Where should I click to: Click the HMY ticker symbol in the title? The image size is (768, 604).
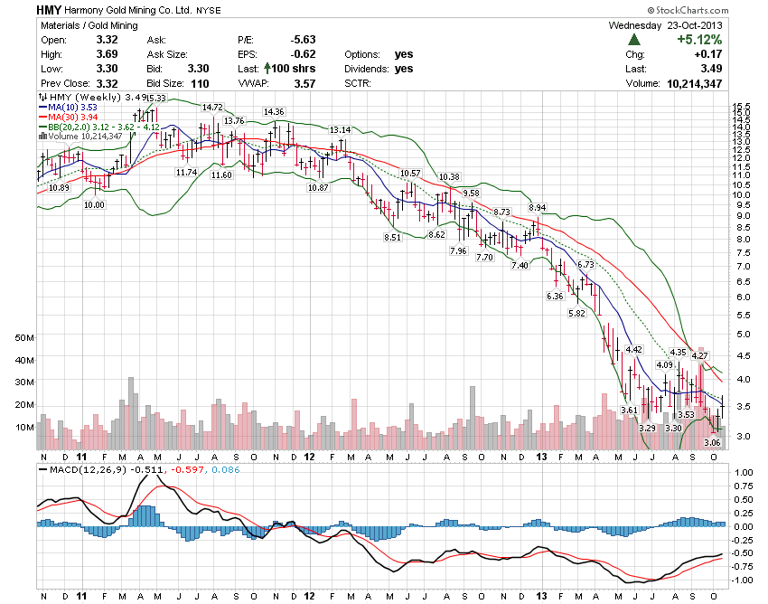[49, 10]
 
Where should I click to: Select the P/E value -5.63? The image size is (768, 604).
[302, 40]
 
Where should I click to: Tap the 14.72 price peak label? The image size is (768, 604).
[212, 107]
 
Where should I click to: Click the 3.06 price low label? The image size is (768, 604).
[712, 442]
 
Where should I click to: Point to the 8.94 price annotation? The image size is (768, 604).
[538, 207]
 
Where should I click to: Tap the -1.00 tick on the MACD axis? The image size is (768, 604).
[743, 580]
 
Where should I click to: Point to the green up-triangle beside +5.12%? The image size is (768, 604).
[634, 40]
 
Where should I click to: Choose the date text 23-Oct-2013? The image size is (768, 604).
[701, 25]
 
